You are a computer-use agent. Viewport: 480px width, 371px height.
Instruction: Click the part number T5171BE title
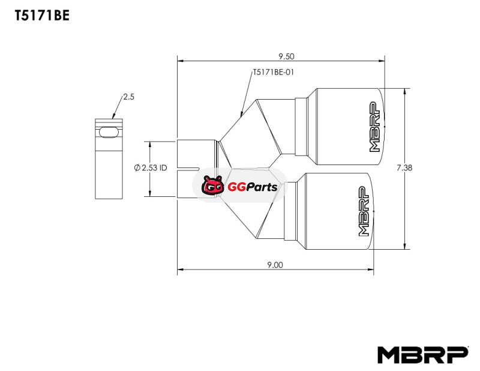pyautogui.click(x=42, y=15)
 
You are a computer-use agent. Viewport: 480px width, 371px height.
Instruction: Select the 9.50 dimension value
pyautogui.click(x=286, y=56)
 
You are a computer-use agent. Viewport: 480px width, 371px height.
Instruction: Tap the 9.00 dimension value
pyautogui.click(x=275, y=265)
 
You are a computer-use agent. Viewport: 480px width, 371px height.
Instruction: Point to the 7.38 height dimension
pyautogui.click(x=404, y=167)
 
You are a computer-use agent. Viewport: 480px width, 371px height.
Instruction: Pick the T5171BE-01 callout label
pyautogui.click(x=273, y=72)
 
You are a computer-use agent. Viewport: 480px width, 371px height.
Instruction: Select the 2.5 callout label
pyautogui.click(x=128, y=97)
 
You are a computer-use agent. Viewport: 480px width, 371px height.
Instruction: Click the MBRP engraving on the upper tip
pyautogui.click(x=374, y=127)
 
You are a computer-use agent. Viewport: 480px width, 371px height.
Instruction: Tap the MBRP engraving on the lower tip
pyautogui.click(x=364, y=211)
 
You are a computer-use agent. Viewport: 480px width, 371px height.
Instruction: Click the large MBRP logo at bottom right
pyautogui.click(x=423, y=355)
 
